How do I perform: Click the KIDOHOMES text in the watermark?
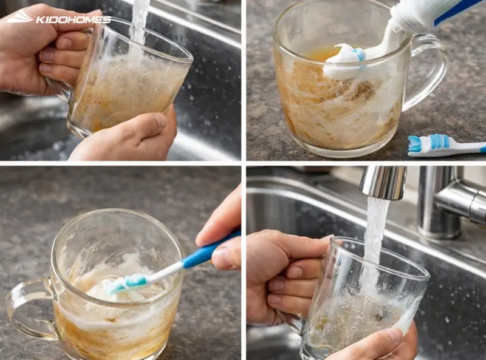coord(74,20)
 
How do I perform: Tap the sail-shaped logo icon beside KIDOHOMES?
coord(19,17)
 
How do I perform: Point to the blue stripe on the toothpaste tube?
coord(458,12)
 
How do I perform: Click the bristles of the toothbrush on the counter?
coord(415,143)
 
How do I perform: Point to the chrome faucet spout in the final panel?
coord(383,182)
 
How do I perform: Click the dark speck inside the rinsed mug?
coord(378,316)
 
